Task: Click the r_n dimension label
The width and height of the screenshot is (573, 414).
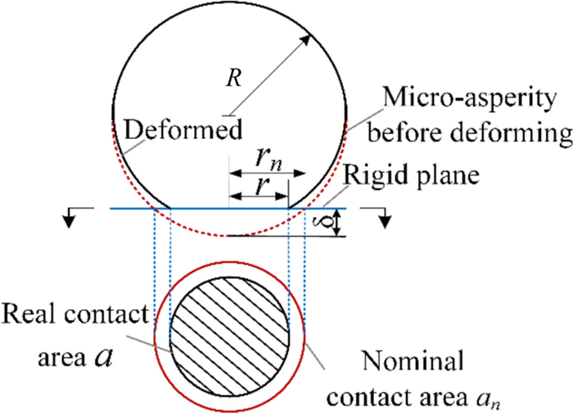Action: [266, 155]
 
